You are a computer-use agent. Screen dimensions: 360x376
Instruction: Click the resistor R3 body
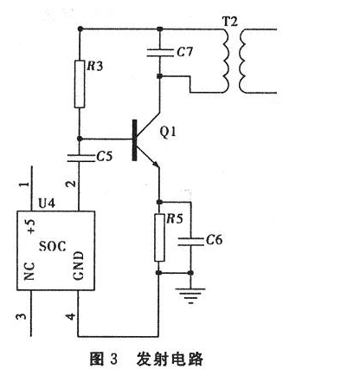coord(80,84)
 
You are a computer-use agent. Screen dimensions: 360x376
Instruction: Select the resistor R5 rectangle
coord(159,237)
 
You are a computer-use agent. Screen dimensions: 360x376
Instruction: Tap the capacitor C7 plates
coord(160,53)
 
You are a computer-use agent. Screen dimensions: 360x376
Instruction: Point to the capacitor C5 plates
coord(80,158)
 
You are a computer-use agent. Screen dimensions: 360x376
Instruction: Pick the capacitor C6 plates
coord(190,242)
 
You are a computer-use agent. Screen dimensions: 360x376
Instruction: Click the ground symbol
coord(190,295)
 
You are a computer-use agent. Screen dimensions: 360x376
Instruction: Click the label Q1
coord(168,132)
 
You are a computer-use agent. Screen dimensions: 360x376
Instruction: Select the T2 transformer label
coord(230,22)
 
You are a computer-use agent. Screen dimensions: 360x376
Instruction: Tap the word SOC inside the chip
coord(52,246)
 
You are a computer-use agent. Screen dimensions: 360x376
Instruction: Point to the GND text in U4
coord(79,266)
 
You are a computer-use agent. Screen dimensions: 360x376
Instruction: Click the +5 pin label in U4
coord(30,226)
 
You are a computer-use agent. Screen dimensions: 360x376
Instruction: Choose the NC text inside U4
coord(29,271)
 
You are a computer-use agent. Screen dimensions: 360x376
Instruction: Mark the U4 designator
coord(47,204)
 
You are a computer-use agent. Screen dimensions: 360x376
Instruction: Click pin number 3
coord(21,316)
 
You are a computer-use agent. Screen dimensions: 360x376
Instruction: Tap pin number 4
coord(71,316)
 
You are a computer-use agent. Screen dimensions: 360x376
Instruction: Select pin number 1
coord(25,184)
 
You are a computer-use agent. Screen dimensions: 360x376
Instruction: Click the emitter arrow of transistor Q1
coord(155,164)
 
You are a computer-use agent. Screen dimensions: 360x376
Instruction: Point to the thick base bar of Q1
coord(134,139)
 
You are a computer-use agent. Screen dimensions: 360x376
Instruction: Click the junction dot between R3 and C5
coord(80,139)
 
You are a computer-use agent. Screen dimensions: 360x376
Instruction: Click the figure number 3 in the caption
coord(113,360)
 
